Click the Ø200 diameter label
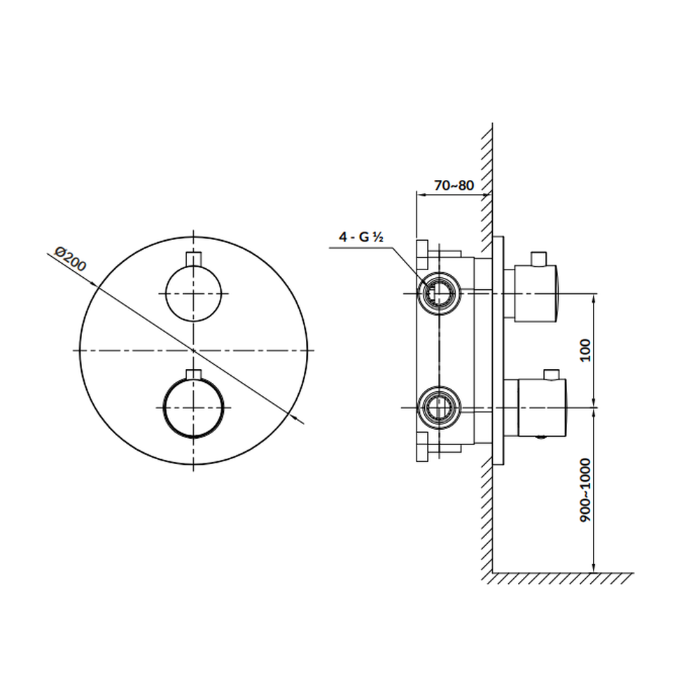[x=70, y=258]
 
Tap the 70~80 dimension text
[x=454, y=185]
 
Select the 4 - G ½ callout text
[x=361, y=237]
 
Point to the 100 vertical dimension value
[x=584, y=351]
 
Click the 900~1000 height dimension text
[x=584, y=490]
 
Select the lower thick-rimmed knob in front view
[x=193, y=407]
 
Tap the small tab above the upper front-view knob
[x=193, y=259]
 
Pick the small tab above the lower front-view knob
[x=193, y=374]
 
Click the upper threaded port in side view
[x=438, y=293]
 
